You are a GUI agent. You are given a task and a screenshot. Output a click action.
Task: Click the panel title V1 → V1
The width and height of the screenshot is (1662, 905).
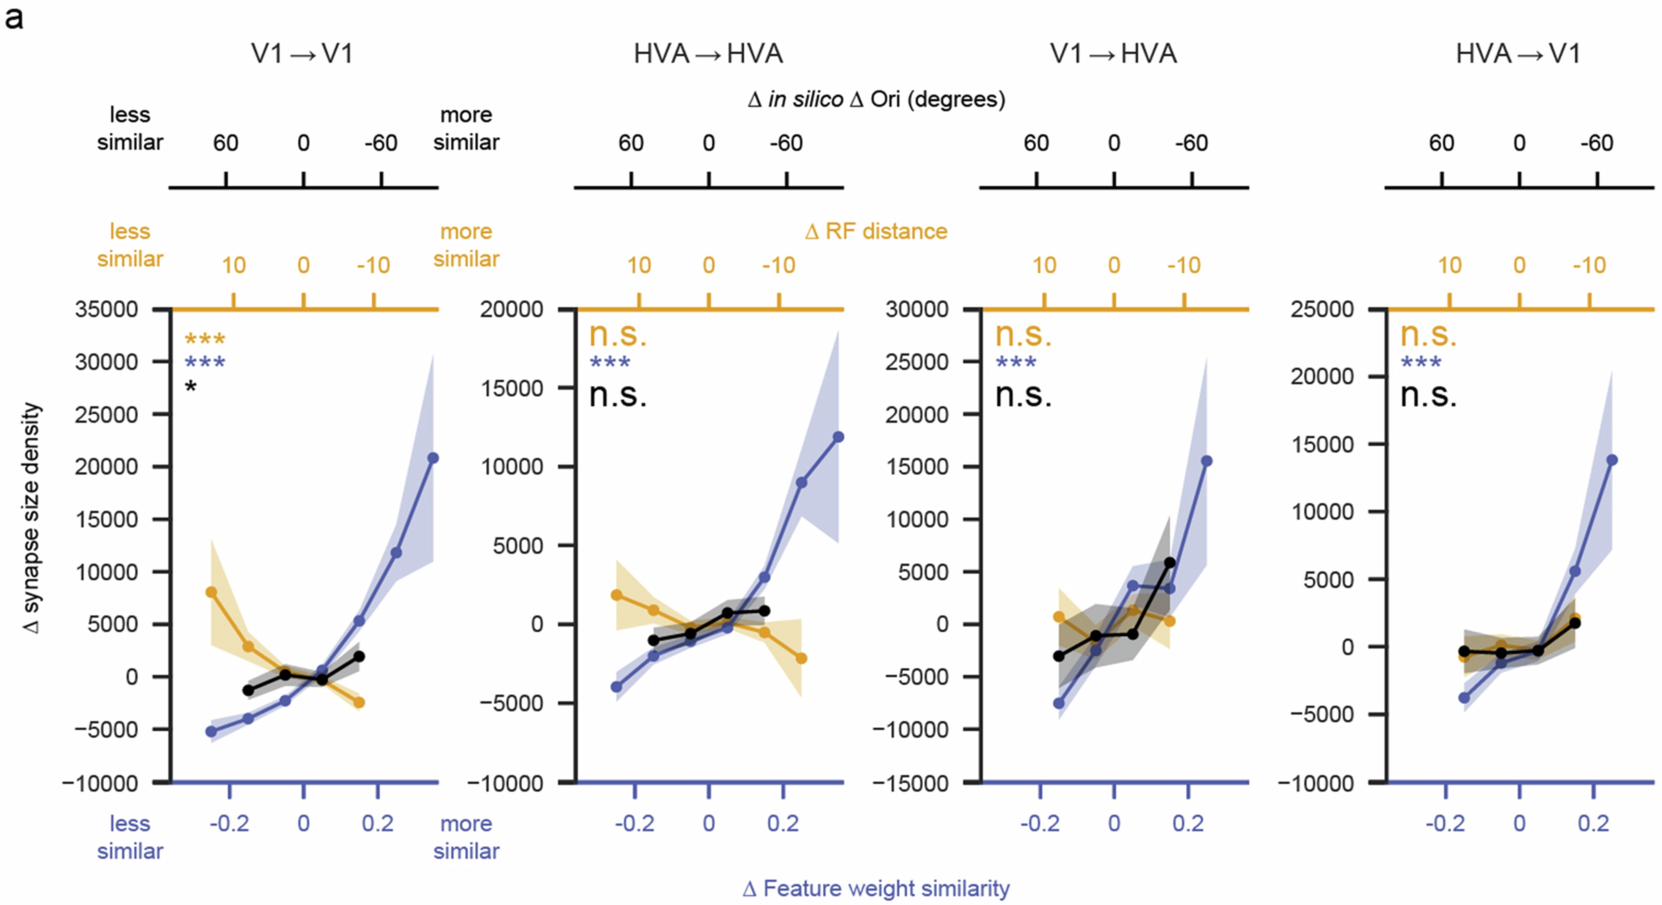tap(302, 54)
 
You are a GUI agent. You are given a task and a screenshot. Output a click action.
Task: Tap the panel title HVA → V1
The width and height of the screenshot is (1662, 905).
tap(1518, 54)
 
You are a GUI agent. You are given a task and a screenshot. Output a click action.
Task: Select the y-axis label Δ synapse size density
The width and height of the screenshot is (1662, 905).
tap(31, 518)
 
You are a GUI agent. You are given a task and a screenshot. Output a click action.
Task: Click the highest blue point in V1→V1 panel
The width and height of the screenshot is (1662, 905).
tap(433, 458)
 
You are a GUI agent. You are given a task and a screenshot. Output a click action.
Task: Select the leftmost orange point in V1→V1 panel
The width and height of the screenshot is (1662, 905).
tap(211, 592)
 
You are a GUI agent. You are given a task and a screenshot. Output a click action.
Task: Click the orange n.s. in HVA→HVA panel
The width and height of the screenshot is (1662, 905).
tap(618, 335)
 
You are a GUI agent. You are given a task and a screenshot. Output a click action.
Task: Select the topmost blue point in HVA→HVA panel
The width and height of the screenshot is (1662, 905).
tap(838, 437)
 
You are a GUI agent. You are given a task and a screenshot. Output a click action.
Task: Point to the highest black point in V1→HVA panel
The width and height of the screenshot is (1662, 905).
tap(1169, 563)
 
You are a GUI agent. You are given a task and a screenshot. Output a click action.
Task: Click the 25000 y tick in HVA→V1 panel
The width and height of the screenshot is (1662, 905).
tap(1321, 309)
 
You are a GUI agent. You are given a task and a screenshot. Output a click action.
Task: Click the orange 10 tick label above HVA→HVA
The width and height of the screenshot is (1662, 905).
tap(639, 265)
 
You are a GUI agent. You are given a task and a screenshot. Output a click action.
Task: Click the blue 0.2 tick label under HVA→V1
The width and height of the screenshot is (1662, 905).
tap(1593, 824)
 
